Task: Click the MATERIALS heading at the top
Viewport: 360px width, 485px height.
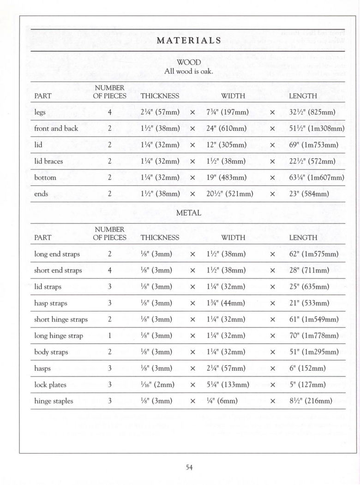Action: pyautogui.click(x=189, y=40)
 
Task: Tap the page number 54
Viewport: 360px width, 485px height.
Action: pyautogui.click(x=189, y=467)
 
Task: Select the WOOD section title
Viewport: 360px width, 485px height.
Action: pyautogui.click(x=189, y=62)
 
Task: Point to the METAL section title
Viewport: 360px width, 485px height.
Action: pyautogui.click(x=189, y=213)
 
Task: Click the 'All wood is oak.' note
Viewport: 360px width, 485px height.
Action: pyautogui.click(x=189, y=72)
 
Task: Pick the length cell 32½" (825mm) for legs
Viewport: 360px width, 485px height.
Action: pyautogui.click(x=312, y=112)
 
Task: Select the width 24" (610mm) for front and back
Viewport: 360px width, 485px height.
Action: pyautogui.click(x=227, y=128)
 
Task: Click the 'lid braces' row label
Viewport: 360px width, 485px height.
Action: pyautogui.click(x=48, y=161)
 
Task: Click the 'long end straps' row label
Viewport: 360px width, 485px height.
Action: pyautogui.click(x=57, y=254)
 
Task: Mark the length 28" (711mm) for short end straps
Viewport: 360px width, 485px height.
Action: pyautogui.click(x=309, y=270)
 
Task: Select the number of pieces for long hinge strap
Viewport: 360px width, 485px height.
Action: pyautogui.click(x=110, y=336)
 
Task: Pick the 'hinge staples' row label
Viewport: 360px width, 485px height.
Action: pyautogui.click(x=54, y=401)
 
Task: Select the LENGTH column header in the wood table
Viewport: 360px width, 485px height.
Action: pyautogui.click(x=303, y=96)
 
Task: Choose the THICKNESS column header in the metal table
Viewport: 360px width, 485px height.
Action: pyautogui.click(x=160, y=237)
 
